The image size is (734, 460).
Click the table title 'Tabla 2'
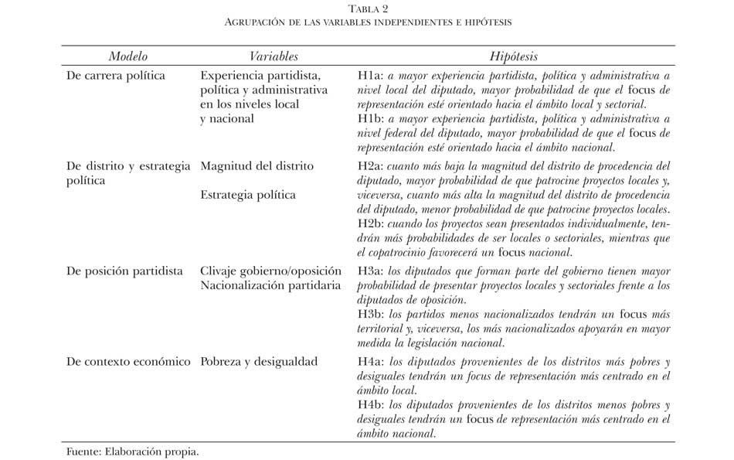point(368,9)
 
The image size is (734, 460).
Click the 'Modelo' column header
point(127,56)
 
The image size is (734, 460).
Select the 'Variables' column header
point(274,56)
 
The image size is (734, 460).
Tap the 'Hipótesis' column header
point(514,56)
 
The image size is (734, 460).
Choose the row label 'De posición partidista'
point(124,271)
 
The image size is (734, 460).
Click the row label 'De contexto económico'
point(128,361)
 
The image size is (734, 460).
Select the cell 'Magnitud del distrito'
point(257,165)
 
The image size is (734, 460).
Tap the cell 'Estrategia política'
point(247,195)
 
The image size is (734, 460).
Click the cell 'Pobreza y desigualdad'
point(258,361)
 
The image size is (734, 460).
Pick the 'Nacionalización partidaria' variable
point(270,286)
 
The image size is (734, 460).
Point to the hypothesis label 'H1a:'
point(370,76)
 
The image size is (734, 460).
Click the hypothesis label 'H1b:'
point(371,119)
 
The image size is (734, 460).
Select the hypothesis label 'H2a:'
point(371,165)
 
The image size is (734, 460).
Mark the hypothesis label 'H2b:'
point(371,223)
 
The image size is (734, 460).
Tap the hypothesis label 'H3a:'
point(371,271)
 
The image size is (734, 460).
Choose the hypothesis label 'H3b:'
point(371,315)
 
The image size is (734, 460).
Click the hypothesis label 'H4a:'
point(371,361)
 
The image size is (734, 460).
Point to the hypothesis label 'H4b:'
point(371,404)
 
